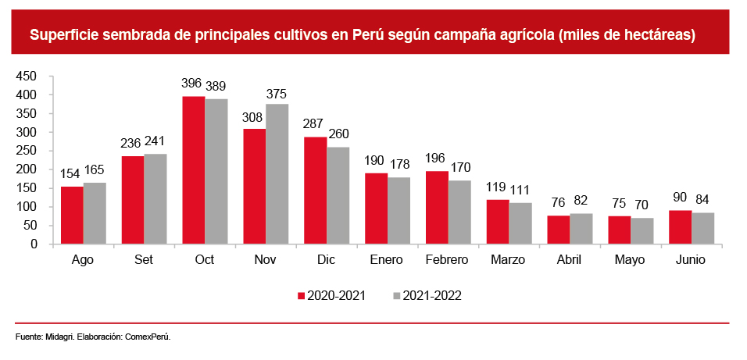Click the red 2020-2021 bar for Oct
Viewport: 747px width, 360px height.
(x=194, y=170)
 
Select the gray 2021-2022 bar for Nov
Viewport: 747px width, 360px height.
(x=277, y=174)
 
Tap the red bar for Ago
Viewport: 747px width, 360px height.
(x=72, y=215)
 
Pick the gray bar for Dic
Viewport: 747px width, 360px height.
(x=338, y=195)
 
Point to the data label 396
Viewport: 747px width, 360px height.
(x=191, y=83)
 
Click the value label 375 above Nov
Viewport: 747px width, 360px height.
(x=277, y=93)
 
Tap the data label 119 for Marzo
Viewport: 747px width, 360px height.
(x=496, y=187)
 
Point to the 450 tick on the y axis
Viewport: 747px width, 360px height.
(x=26, y=76)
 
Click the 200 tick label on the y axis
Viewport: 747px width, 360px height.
(x=26, y=169)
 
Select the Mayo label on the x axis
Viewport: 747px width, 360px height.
(x=630, y=260)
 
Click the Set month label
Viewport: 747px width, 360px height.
(x=144, y=260)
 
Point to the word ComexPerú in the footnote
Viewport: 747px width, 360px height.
(x=146, y=337)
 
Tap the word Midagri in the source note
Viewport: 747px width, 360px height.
(x=59, y=337)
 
